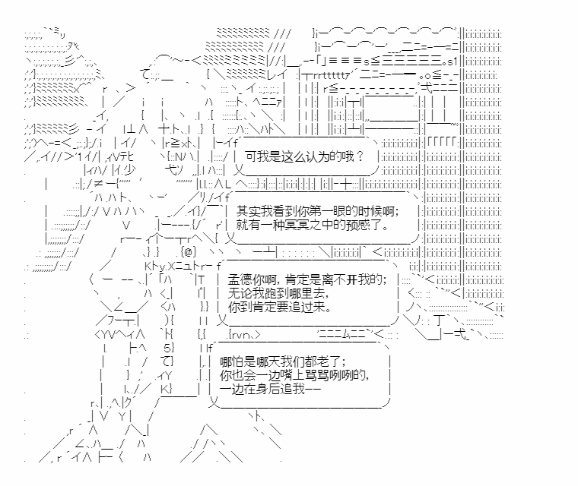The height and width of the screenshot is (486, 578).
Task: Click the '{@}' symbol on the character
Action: (189, 251)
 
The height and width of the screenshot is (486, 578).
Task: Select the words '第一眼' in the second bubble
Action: (342, 211)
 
